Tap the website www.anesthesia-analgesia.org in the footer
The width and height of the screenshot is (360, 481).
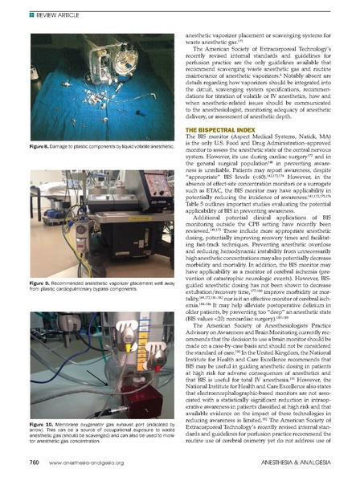(x=81, y=464)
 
